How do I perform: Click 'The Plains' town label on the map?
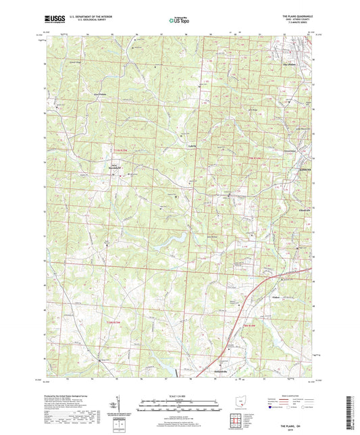coord(289,65)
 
